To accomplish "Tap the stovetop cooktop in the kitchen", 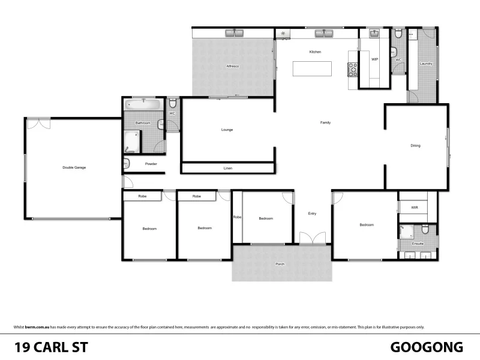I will tap(353, 70).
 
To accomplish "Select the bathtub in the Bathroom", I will tap(144, 105).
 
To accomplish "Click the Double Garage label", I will tap(74, 167).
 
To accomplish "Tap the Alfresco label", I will tap(233, 65).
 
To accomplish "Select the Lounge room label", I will tap(227, 130).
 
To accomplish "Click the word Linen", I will tap(227, 169).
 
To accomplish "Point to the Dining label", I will tap(415, 145).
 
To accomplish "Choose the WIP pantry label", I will tap(374, 59).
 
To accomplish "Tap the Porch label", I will tap(280, 264).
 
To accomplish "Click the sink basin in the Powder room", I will tap(127, 164).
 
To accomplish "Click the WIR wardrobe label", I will tap(414, 208).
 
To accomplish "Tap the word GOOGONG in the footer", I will tap(427, 347).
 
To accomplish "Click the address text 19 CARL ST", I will tap(52, 347).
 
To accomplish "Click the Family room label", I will tap(325, 122).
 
